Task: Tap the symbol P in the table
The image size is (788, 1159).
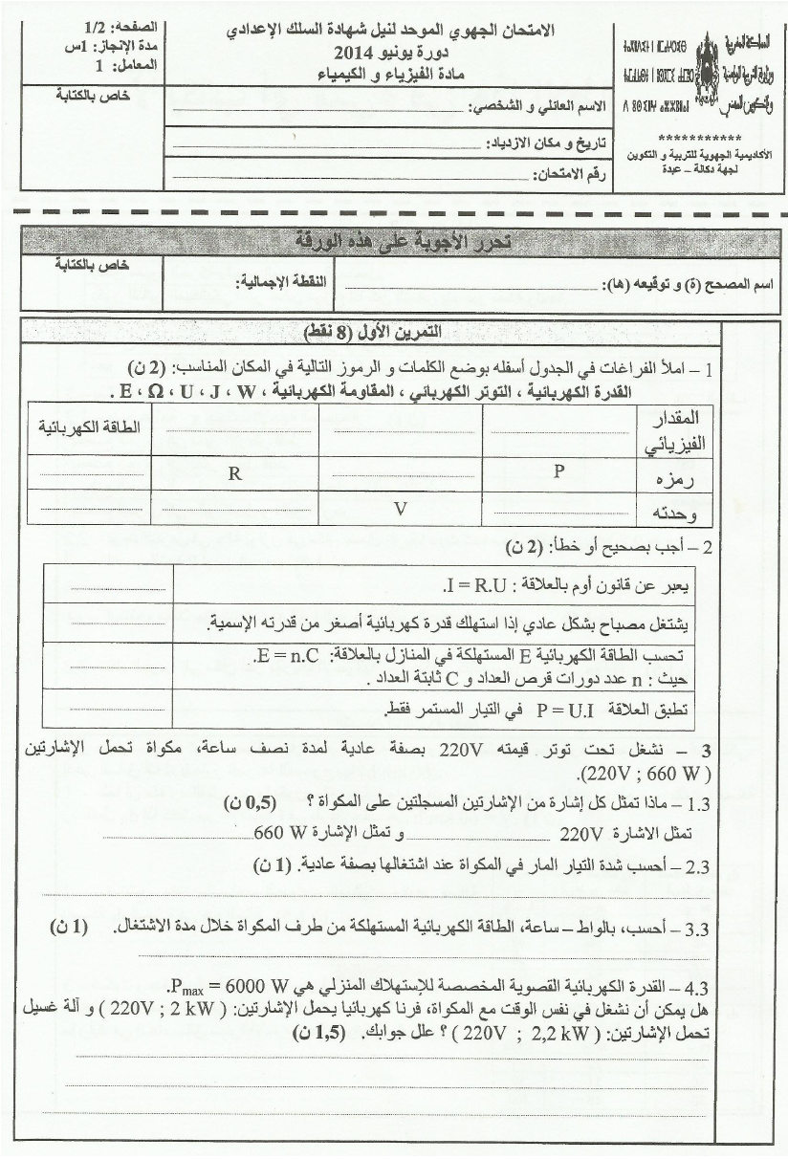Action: [x=558, y=470]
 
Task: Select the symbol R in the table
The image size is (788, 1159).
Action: [x=233, y=471]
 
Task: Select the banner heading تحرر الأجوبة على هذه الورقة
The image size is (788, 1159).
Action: [x=401, y=240]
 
